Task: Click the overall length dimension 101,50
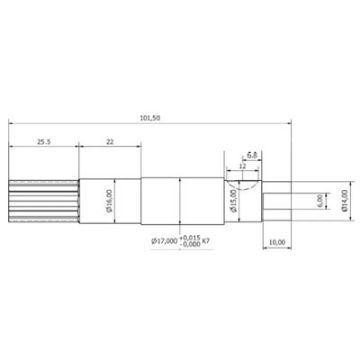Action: click(148, 117)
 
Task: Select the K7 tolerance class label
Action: click(208, 241)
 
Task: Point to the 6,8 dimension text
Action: click(253, 156)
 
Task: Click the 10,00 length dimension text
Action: click(278, 241)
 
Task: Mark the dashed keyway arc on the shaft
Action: click(243, 182)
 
